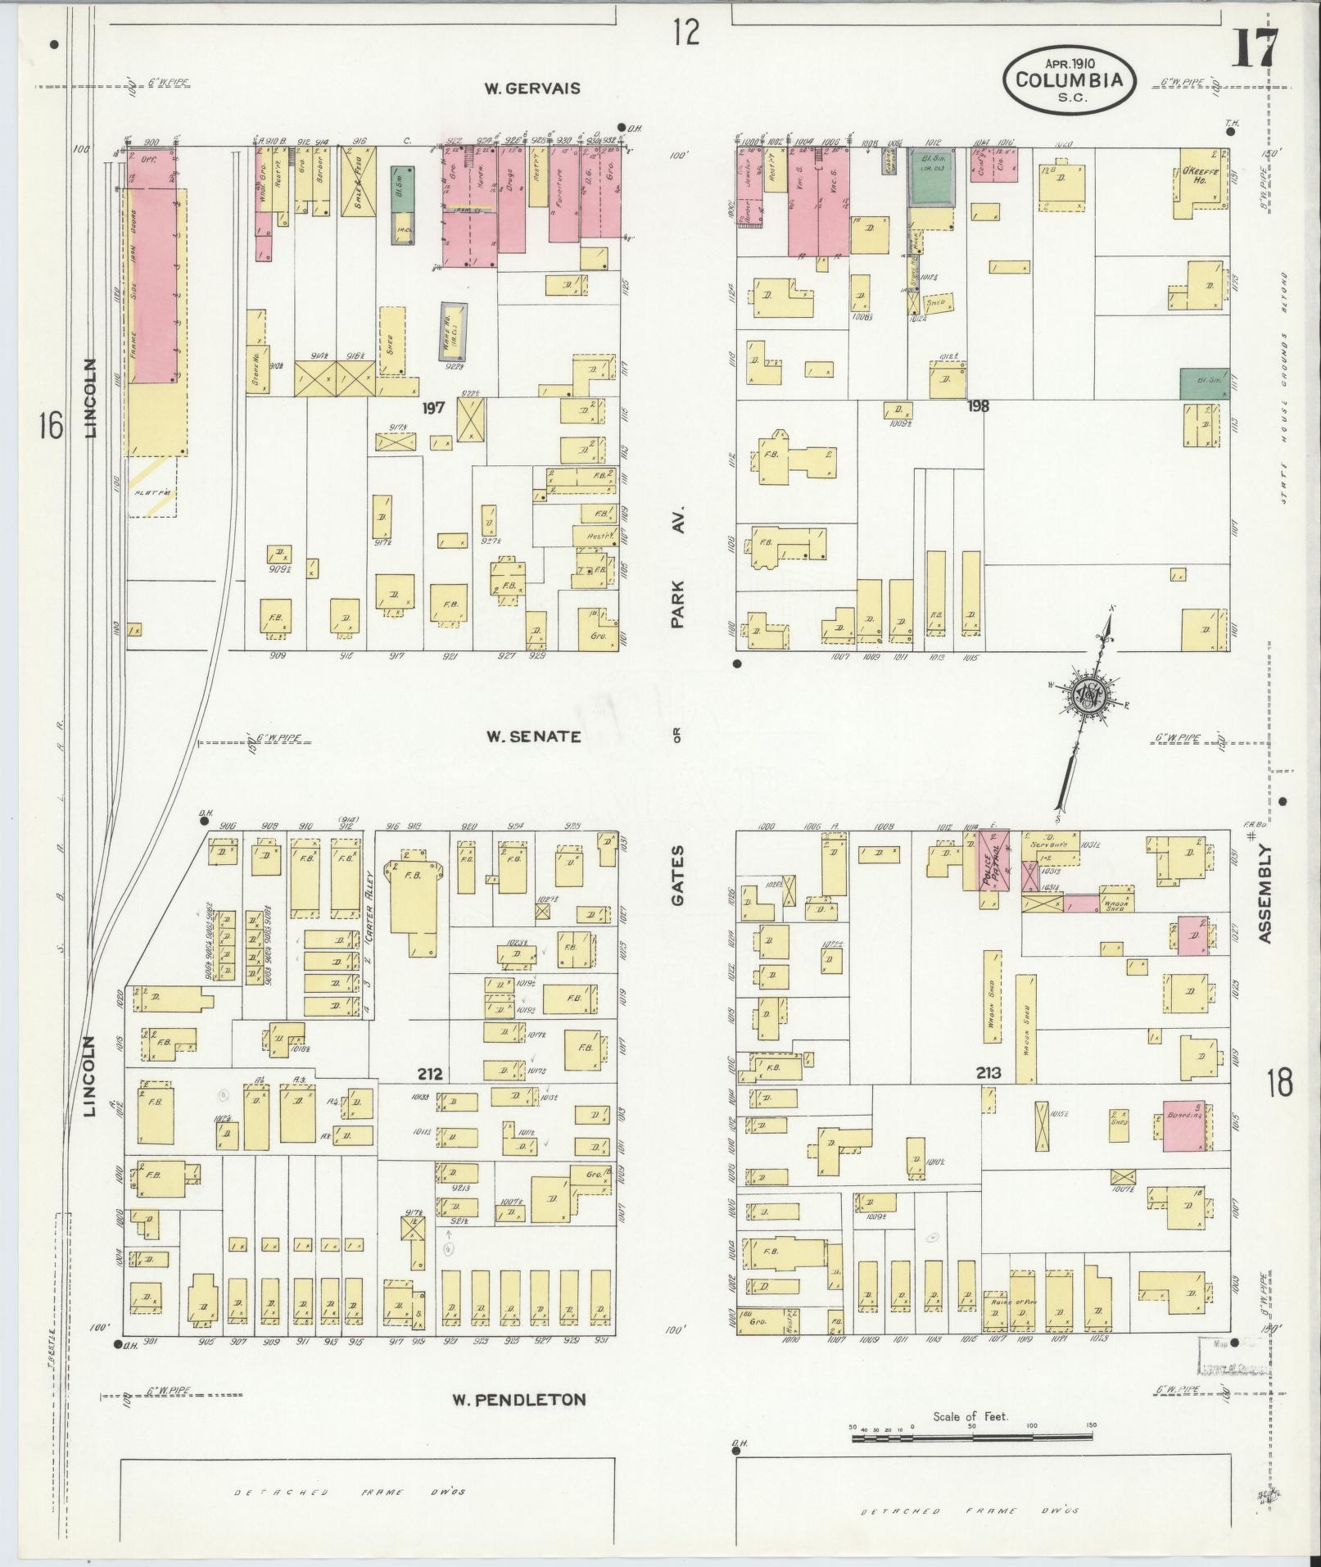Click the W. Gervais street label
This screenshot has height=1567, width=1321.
pyautogui.click(x=531, y=88)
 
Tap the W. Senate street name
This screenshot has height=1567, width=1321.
pyautogui.click(x=533, y=736)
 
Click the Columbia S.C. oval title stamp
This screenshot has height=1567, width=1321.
pyautogui.click(x=1070, y=79)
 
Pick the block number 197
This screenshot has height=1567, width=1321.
pyautogui.click(x=433, y=407)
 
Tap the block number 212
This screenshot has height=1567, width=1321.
pyautogui.click(x=429, y=1074)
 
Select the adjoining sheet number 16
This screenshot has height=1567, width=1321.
pyautogui.click(x=51, y=425)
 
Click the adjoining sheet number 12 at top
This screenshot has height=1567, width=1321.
pyautogui.click(x=686, y=33)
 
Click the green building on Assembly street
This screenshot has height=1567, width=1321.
pyautogui.click(x=1203, y=383)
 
